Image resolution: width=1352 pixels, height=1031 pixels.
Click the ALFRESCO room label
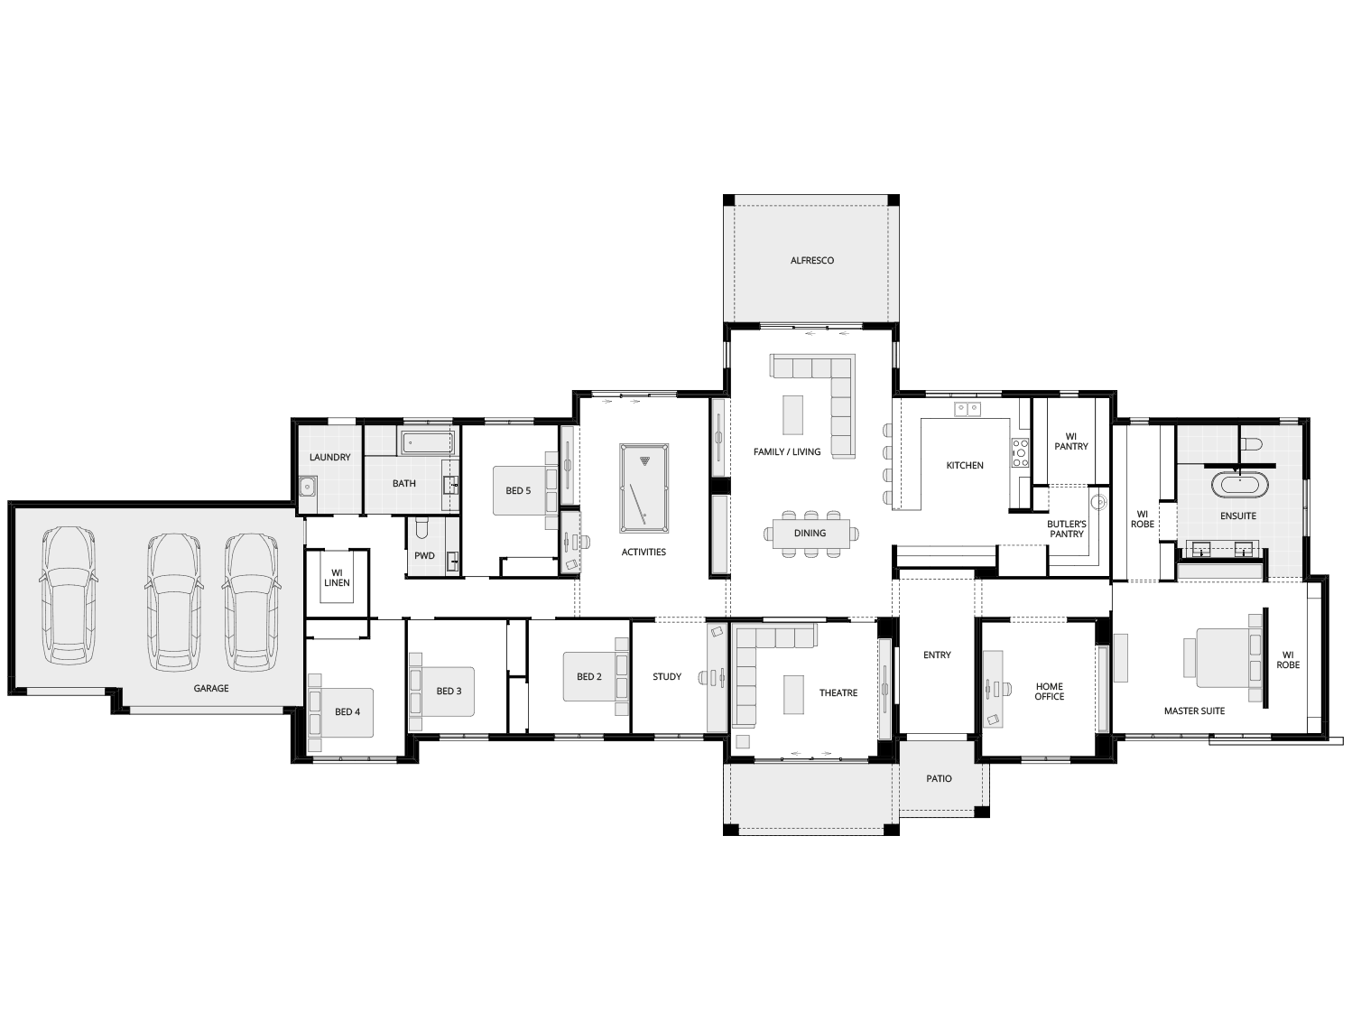point(811,261)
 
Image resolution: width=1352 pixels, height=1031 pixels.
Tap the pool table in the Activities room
point(644,488)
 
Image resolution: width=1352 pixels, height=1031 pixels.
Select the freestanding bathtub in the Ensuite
point(1238,485)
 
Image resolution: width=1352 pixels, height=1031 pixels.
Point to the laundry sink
point(309,488)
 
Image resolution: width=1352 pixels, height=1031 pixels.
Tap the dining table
point(810,533)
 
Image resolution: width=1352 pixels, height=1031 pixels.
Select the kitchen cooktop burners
point(1020,452)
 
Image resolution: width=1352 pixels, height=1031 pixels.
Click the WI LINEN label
point(337,577)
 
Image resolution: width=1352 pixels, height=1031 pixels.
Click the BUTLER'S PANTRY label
point(1066,528)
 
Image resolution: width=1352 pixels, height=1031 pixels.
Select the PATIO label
point(939,778)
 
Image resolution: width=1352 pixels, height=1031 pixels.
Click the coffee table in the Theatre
point(793,692)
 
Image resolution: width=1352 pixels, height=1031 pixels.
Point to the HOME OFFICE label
point(1049,692)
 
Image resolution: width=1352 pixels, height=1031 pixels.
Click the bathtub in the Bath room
point(427,442)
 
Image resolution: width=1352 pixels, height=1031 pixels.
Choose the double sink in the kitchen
point(968,409)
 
